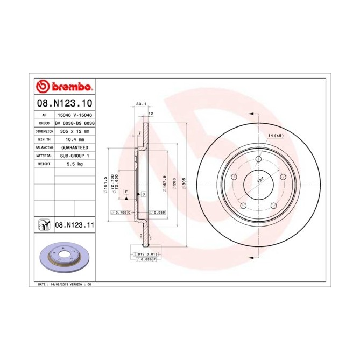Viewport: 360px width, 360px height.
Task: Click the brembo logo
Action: point(65,87)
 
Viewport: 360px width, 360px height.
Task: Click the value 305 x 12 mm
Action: point(74,131)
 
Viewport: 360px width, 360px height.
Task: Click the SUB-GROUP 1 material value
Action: point(74,155)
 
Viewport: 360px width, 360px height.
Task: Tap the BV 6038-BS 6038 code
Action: point(75,123)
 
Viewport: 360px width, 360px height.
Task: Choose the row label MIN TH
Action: point(44,139)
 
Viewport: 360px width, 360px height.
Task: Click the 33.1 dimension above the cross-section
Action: point(140,103)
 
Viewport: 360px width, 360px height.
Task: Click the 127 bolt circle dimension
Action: point(260,182)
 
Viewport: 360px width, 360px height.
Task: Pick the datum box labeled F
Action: point(126,192)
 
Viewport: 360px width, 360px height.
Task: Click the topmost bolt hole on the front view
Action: point(258,159)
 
